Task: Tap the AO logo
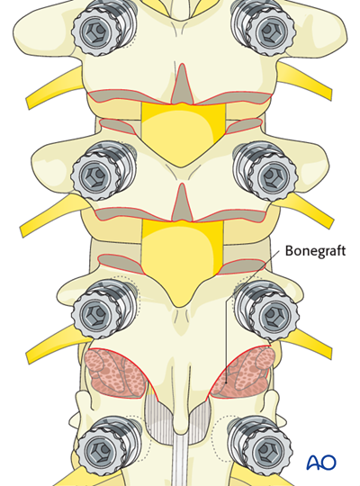pyautogui.click(x=322, y=463)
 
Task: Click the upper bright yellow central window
pyautogui.click(x=183, y=130)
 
